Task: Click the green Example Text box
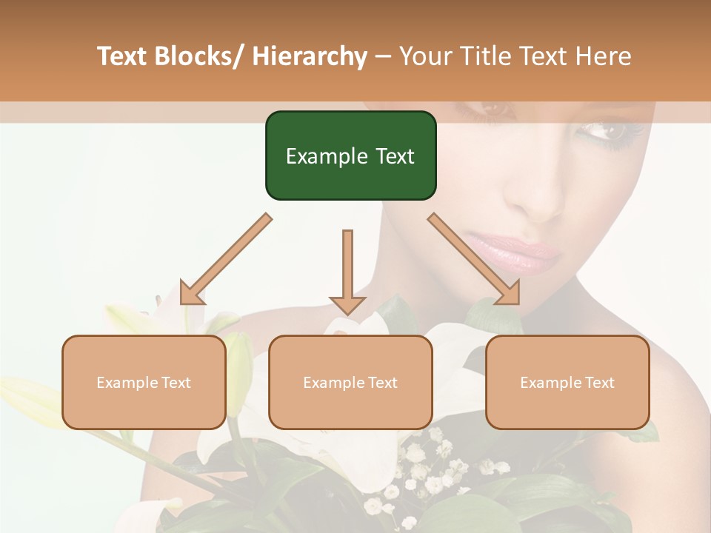pyautogui.click(x=350, y=155)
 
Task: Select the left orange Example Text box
pyautogui.click(x=144, y=382)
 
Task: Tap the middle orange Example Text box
pyautogui.click(x=350, y=382)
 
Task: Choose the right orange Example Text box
pyautogui.click(x=567, y=382)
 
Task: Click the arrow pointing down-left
pyautogui.click(x=225, y=260)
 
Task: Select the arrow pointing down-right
pyautogui.click(x=474, y=259)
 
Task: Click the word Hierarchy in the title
pyautogui.click(x=310, y=56)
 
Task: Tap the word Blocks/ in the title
pyautogui.click(x=198, y=56)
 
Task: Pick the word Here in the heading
pyautogui.click(x=605, y=56)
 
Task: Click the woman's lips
pyautogui.click(x=511, y=252)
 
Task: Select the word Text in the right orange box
pyautogui.click(x=599, y=382)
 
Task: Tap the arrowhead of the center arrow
pyautogui.click(x=347, y=304)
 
